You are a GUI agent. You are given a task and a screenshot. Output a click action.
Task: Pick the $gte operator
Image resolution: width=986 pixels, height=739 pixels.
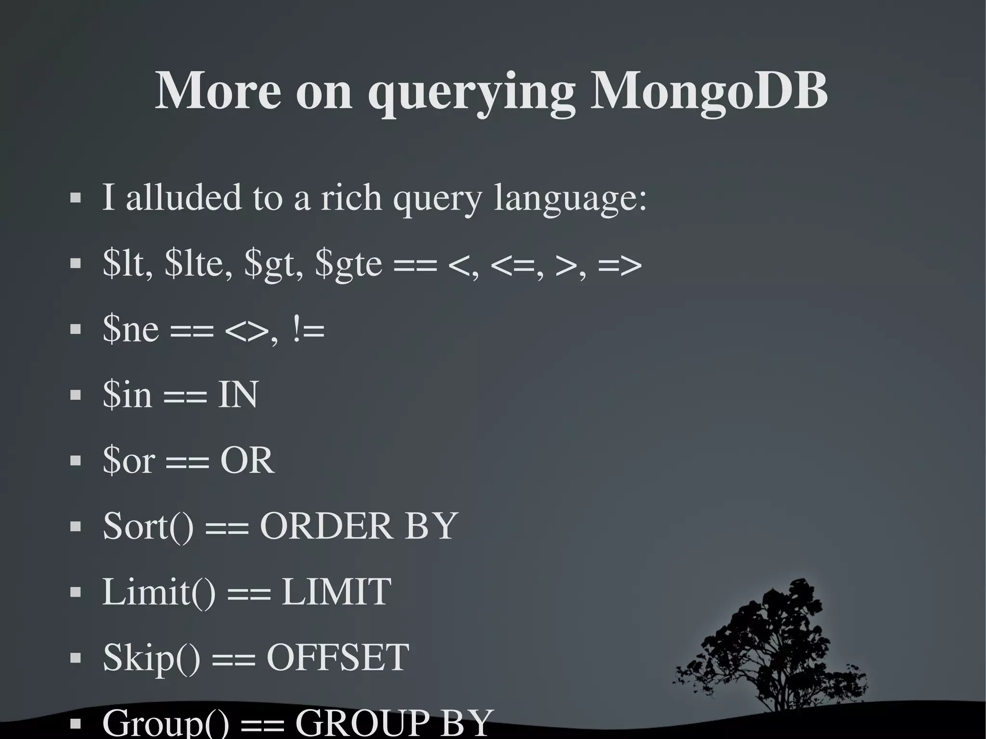[x=349, y=265]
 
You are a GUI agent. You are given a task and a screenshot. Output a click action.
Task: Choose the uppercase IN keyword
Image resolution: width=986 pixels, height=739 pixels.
[x=238, y=395]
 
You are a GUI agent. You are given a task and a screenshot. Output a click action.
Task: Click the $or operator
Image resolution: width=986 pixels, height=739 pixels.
[x=129, y=460]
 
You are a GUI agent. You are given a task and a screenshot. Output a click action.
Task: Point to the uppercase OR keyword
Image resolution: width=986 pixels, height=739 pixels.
[x=247, y=460]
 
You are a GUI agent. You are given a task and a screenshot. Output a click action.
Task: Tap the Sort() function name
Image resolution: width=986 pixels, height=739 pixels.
[x=148, y=526]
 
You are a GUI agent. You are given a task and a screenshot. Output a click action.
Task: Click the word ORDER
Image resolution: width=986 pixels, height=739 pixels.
[x=326, y=526]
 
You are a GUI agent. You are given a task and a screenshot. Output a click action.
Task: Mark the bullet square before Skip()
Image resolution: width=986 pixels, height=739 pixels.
[x=75, y=658]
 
